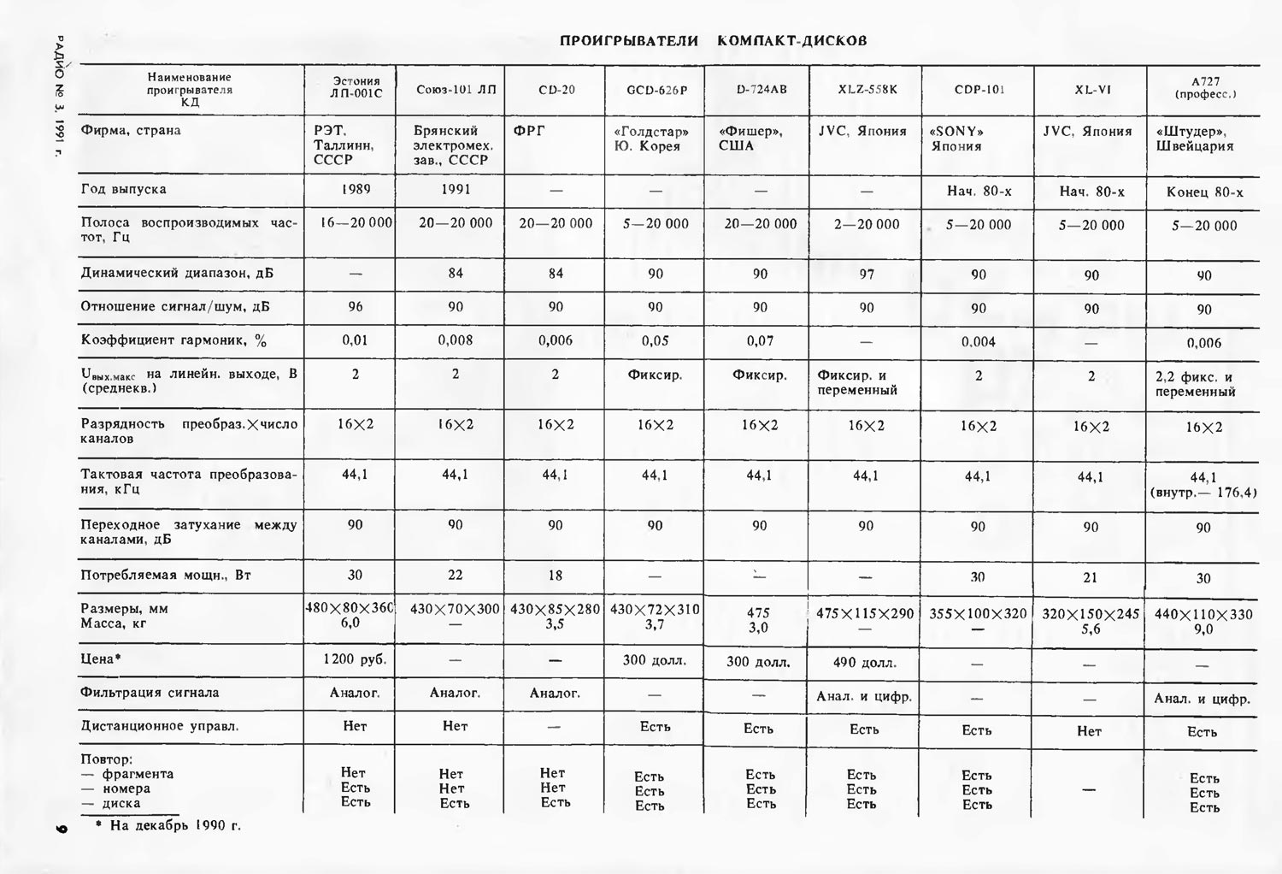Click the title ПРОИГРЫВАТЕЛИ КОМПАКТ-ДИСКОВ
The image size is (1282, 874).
(x=713, y=41)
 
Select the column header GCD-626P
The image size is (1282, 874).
(x=656, y=90)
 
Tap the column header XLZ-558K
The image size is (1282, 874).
(x=867, y=89)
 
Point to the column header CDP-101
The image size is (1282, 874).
(x=979, y=90)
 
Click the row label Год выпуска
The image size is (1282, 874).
(x=124, y=189)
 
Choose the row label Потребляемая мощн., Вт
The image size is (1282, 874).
(x=166, y=576)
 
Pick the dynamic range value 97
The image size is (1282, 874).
(x=867, y=274)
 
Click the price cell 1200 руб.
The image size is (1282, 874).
(x=355, y=659)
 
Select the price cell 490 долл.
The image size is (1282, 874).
(x=865, y=663)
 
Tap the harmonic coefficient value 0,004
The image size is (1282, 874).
(x=979, y=342)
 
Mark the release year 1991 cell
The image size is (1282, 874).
(x=456, y=189)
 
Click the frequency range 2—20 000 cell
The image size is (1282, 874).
(x=867, y=224)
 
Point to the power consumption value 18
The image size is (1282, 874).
(x=555, y=576)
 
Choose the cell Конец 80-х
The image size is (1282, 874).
(x=1204, y=192)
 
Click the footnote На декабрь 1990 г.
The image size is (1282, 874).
(x=174, y=826)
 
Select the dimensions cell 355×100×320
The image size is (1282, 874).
(x=979, y=613)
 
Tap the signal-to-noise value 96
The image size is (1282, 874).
(x=355, y=307)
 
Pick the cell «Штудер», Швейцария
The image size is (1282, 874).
(x=1194, y=139)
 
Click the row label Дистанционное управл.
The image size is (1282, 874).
(x=160, y=726)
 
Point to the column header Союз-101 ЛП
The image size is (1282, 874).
(x=456, y=90)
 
